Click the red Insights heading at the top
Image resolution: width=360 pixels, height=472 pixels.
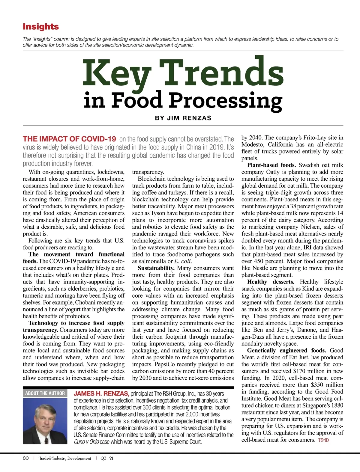(x=41, y=27)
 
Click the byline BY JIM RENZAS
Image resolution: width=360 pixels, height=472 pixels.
(x=183, y=118)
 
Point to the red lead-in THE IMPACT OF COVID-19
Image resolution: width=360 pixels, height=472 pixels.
(x=69, y=139)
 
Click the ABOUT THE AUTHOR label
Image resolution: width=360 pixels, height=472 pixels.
(x=45, y=393)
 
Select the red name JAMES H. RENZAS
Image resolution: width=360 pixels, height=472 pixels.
(x=101, y=393)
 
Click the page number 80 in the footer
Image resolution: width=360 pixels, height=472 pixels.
(x=26, y=458)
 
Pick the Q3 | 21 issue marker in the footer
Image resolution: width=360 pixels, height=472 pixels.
(x=107, y=458)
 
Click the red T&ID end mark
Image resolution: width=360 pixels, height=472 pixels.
(x=323, y=440)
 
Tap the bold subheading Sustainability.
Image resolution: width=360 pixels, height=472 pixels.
(x=156, y=268)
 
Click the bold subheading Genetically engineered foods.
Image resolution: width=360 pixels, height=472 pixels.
(x=287, y=351)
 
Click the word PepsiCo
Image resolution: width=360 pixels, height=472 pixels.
(x=165, y=364)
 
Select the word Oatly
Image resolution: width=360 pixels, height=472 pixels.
(x=274, y=172)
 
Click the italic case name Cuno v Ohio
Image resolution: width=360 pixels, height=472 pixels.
(x=86, y=442)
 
